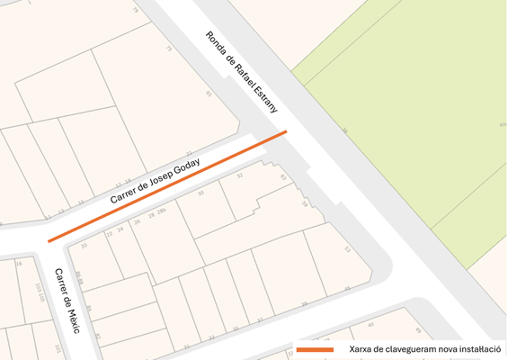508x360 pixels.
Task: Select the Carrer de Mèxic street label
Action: [x=67, y=301]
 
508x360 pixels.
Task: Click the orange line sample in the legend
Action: [x=315, y=348]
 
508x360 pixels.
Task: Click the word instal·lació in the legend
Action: [x=477, y=348]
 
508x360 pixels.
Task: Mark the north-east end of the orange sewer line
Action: [x=286, y=132]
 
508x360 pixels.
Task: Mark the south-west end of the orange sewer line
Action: [x=49, y=241]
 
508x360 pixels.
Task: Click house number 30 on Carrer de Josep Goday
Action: [x=201, y=193]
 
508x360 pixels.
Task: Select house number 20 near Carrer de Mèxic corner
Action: [x=85, y=245]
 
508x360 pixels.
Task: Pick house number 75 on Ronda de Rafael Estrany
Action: [x=168, y=49]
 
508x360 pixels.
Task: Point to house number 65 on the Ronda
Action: [x=209, y=93]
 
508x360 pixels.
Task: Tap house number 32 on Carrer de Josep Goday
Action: [x=239, y=176]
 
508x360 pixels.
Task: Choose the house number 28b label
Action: [x=162, y=212]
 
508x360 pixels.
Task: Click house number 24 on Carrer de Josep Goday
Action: [x=120, y=230]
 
